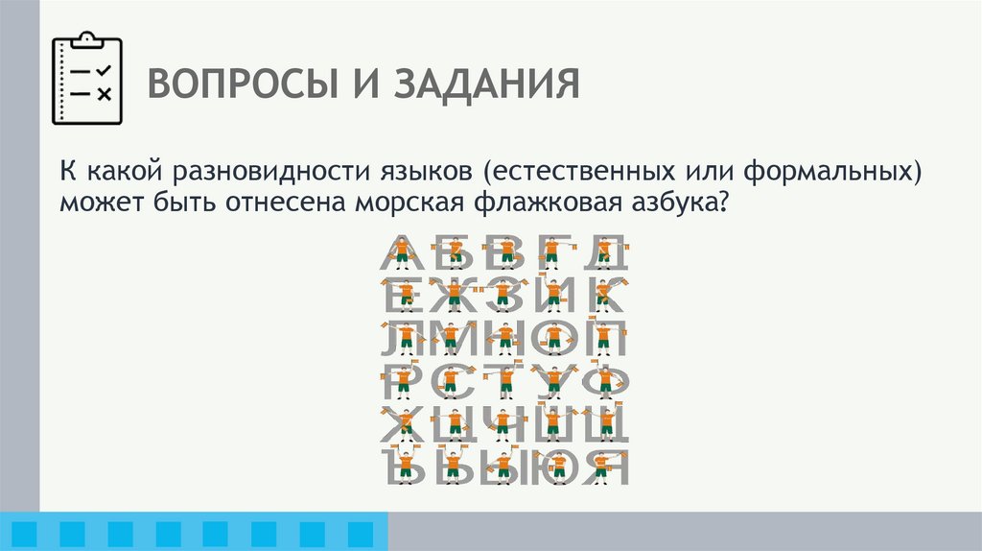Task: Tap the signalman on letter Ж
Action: [x=454, y=295]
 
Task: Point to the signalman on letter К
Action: [x=604, y=295]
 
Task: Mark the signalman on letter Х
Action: [x=405, y=423]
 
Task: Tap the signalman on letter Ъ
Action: [x=405, y=466]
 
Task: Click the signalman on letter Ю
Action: [x=556, y=466]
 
